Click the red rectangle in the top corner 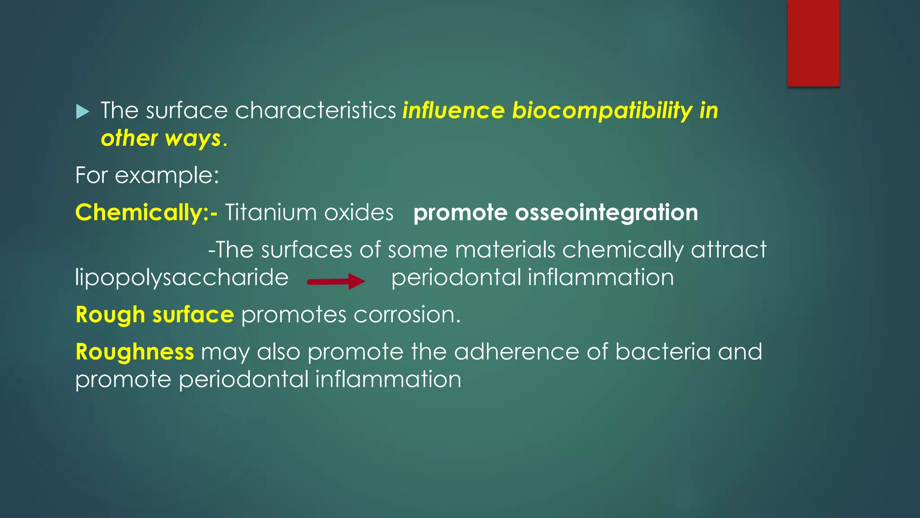813,43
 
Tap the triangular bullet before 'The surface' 83,111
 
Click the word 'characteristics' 315,111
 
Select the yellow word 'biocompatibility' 602,111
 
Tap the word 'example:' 167,175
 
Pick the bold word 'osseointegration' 606,213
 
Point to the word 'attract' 728,250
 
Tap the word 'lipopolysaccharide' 181,277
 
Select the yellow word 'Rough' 110,315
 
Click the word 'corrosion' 406,315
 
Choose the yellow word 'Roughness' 135,352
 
